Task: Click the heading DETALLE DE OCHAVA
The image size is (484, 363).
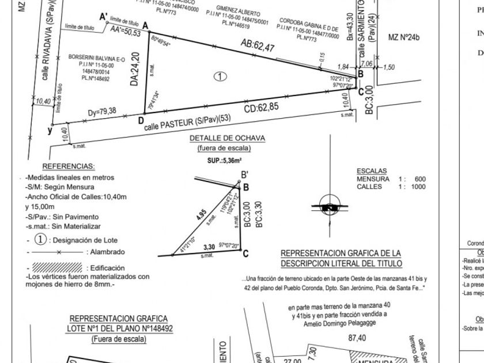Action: [227, 138]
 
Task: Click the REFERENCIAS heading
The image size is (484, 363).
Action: [68, 166]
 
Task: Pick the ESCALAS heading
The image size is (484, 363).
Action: [372, 171]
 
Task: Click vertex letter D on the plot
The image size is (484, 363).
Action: [140, 119]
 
